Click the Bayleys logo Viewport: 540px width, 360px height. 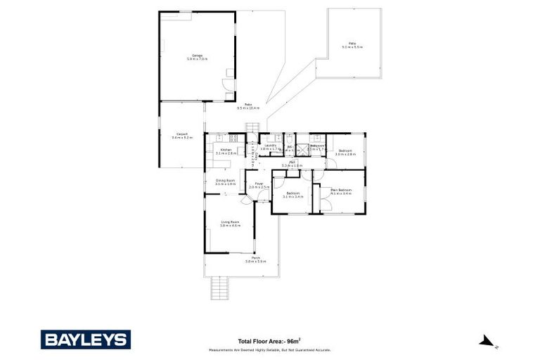coord(85,340)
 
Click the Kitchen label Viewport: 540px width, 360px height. coord(226,151)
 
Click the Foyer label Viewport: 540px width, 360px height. coord(259,186)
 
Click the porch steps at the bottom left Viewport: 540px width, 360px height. coord(220,286)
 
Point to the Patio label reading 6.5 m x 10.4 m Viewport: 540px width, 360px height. coord(248,106)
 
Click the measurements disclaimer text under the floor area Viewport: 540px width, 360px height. coord(269,349)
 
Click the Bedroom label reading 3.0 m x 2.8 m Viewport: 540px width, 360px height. coord(345,152)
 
